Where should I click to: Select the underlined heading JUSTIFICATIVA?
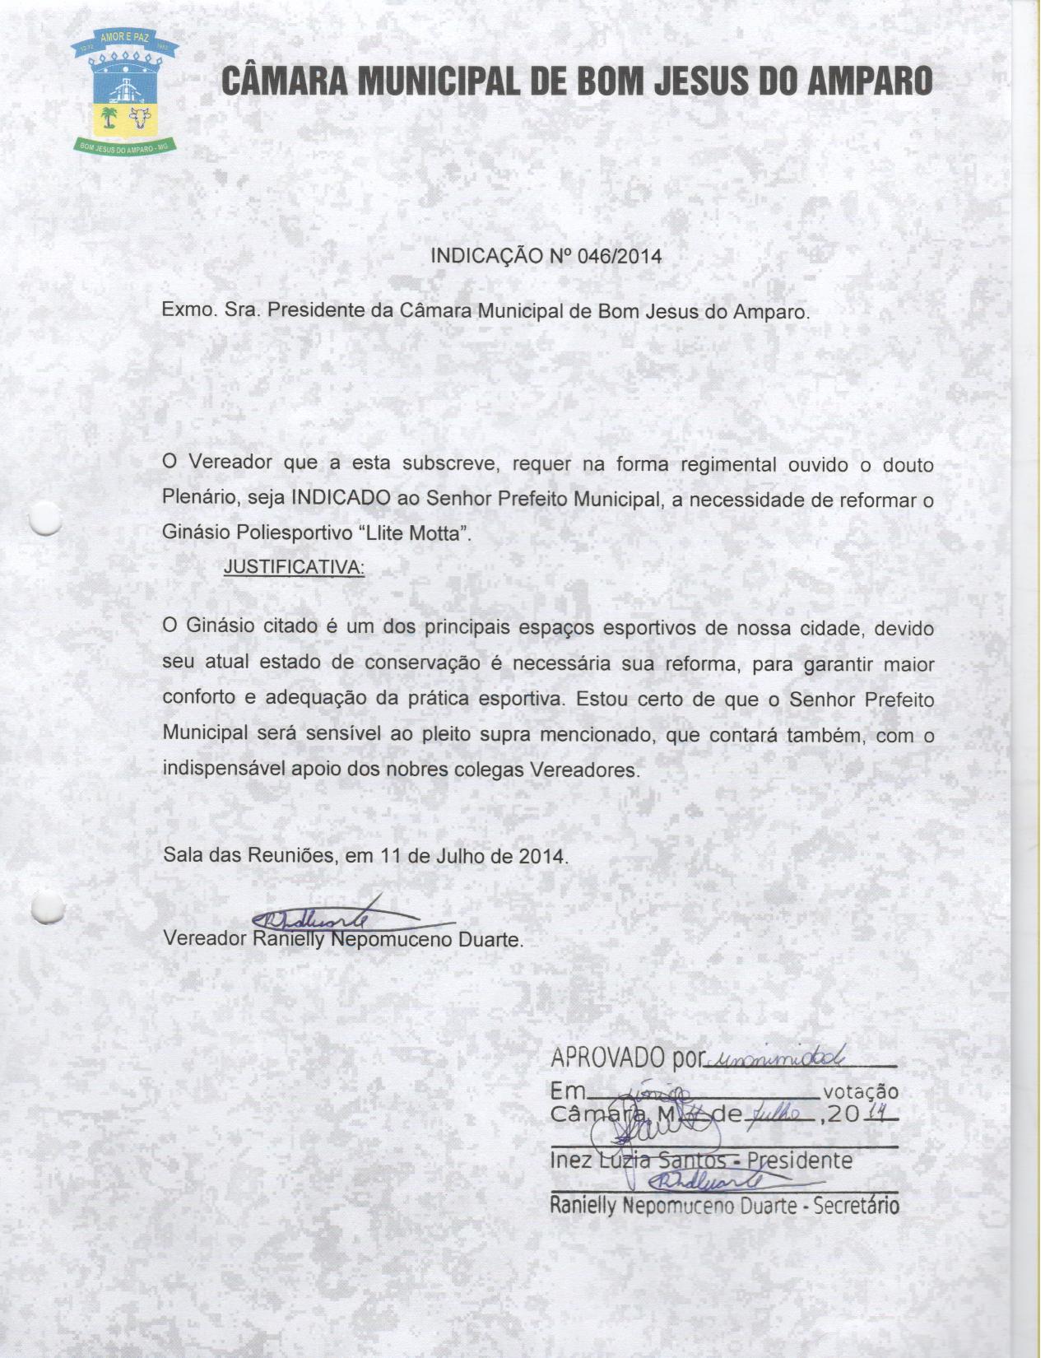294,568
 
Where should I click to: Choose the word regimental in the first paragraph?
727,464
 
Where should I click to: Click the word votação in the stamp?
860,1092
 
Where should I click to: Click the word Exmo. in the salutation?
188,312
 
